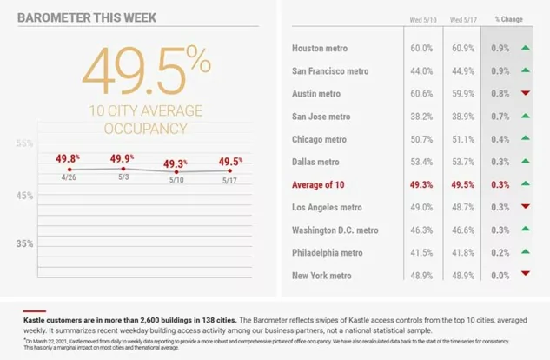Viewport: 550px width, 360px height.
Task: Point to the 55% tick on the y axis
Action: (25, 143)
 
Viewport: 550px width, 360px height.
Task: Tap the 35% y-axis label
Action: (25, 243)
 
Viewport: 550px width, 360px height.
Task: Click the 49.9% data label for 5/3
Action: (122, 158)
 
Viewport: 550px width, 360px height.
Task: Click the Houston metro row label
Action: (323, 49)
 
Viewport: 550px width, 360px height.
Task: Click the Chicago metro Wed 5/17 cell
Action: (461, 139)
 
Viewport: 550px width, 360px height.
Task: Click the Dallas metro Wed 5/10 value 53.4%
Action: (422, 162)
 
